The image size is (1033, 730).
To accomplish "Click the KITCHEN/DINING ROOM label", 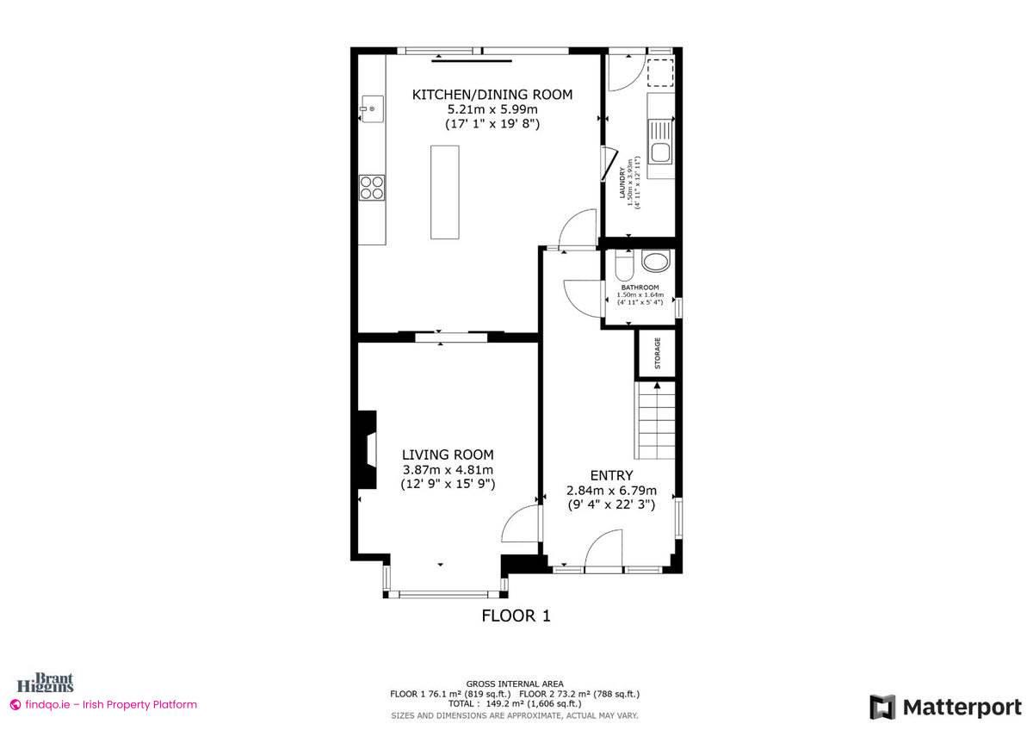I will (492, 95).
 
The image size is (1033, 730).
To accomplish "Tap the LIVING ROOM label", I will (448, 455).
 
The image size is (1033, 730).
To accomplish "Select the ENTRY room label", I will (611, 475).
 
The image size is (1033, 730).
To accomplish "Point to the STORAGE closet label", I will (658, 353).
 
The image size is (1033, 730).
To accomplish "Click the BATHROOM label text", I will (640, 288).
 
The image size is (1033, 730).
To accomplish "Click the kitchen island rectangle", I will (445, 192).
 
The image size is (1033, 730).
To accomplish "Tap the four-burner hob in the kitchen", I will (372, 187).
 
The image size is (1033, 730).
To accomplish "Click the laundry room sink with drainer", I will (660, 147).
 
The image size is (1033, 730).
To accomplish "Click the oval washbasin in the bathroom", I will (658, 263).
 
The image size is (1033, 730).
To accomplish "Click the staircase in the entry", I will (656, 422).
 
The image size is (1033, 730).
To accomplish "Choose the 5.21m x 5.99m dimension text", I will (492, 109).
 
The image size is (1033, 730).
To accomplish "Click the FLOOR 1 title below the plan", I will (515, 616).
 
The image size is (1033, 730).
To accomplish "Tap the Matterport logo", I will (945, 707).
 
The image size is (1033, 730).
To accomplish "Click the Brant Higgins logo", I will (53, 682).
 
